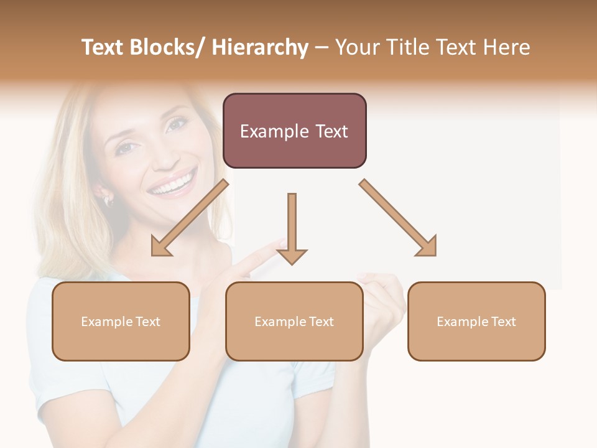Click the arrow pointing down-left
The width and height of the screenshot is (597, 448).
pyautogui.click(x=189, y=218)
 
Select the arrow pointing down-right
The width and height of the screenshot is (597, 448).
pyautogui.click(x=398, y=218)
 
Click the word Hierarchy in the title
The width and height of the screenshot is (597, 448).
pyautogui.click(x=260, y=47)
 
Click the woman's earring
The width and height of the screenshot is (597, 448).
pyautogui.click(x=107, y=200)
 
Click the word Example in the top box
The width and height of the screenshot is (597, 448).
pyautogui.click(x=273, y=131)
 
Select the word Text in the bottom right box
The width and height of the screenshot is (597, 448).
pyautogui.click(x=502, y=322)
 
